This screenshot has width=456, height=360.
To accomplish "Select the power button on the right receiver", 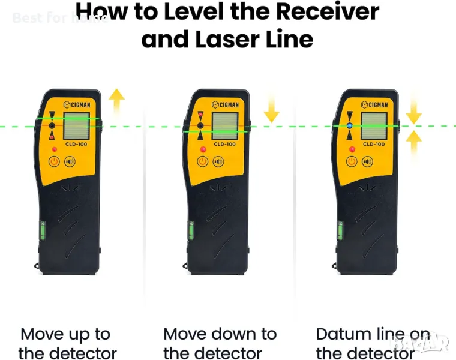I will [352, 161].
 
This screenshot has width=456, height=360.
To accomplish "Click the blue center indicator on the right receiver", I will [350, 126].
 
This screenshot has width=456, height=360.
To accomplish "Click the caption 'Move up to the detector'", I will [67, 343].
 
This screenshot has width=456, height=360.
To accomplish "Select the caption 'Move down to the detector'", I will [220, 343].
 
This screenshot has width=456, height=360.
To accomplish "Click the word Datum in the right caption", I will [343, 334].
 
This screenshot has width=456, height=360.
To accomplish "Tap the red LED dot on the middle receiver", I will [203, 149].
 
